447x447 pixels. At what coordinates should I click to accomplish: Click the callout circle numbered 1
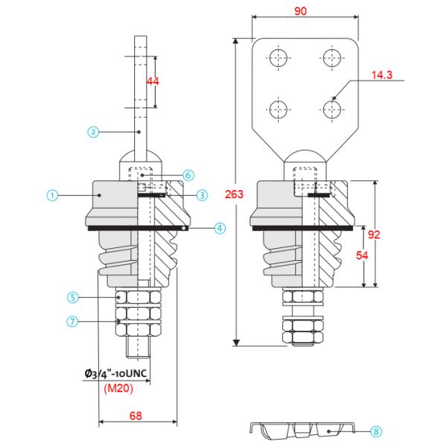[x=53, y=195]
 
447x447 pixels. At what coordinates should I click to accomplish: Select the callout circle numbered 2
[x=93, y=132]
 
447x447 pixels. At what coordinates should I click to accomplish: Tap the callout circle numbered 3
[x=202, y=195]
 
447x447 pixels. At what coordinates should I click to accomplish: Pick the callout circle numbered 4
[x=220, y=229]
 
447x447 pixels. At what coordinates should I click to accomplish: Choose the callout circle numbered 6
[x=188, y=174]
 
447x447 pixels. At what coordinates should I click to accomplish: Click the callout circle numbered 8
[x=376, y=431]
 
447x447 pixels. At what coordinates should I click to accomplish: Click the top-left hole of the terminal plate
[x=279, y=58]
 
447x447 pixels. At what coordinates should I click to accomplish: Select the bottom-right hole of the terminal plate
[x=331, y=110]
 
